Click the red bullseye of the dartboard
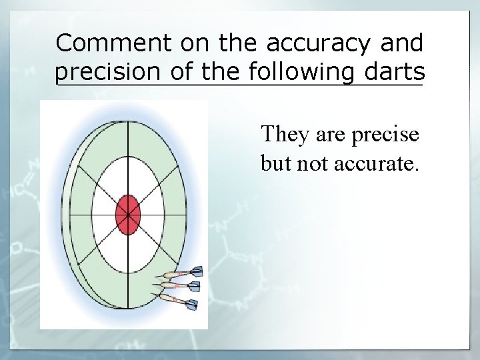[x=127, y=215]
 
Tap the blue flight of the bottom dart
[x=191, y=306]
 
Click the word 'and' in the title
[x=402, y=43]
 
